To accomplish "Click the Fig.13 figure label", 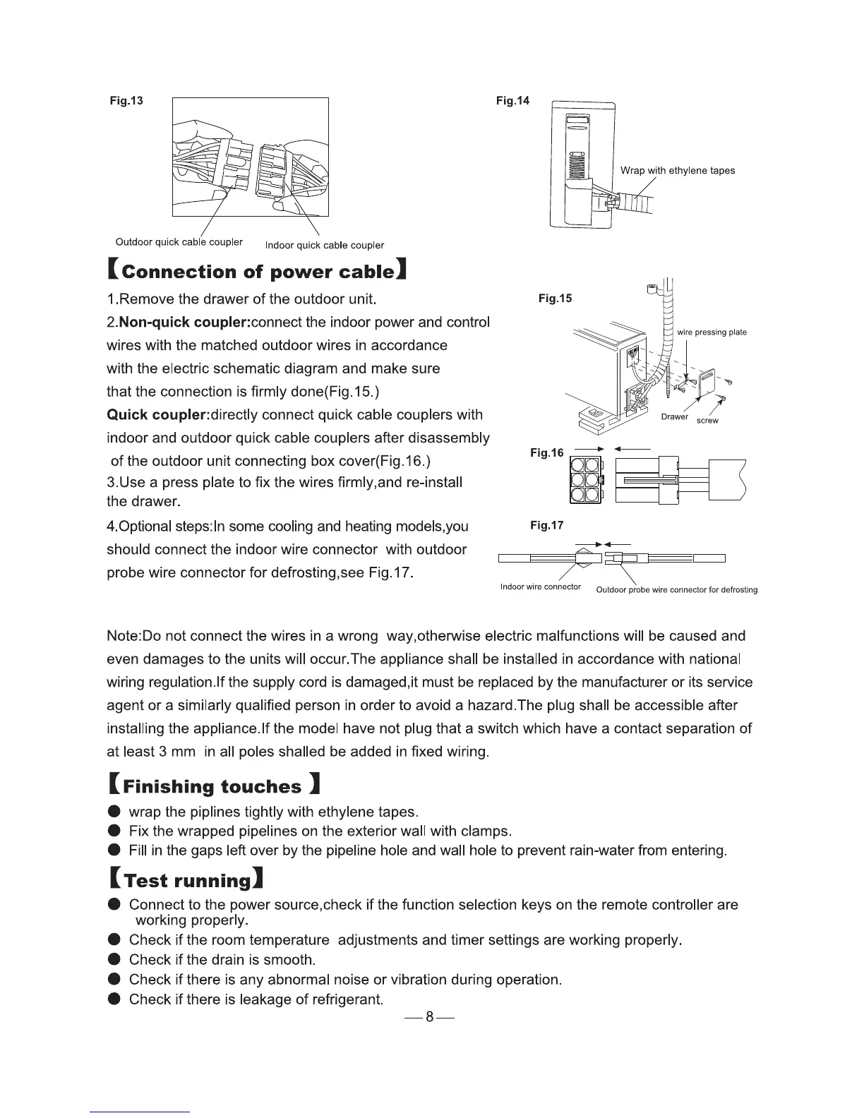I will click(x=126, y=100).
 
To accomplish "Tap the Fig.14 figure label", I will click(x=512, y=101).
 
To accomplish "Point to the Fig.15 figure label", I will click(x=555, y=299).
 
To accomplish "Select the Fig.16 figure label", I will click(x=547, y=452).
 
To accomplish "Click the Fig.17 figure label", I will click(x=547, y=525).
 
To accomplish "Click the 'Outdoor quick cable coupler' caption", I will click(x=179, y=242).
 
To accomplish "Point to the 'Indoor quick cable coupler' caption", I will click(x=324, y=246).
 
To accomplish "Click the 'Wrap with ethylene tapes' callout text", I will click(x=677, y=170).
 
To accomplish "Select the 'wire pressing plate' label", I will click(x=712, y=332).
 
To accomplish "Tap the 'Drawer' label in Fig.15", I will click(x=674, y=416).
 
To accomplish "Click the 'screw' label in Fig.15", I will click(x=707, y=421).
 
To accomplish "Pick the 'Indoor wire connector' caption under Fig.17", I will click(x=540, y=587).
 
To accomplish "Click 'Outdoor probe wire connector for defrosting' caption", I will click(x=676, y=590).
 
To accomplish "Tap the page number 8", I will click(x=429, y=1018).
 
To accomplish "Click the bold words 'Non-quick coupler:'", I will click(x=184, y=323).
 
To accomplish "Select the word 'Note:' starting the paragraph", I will click(x=124, y=636).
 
